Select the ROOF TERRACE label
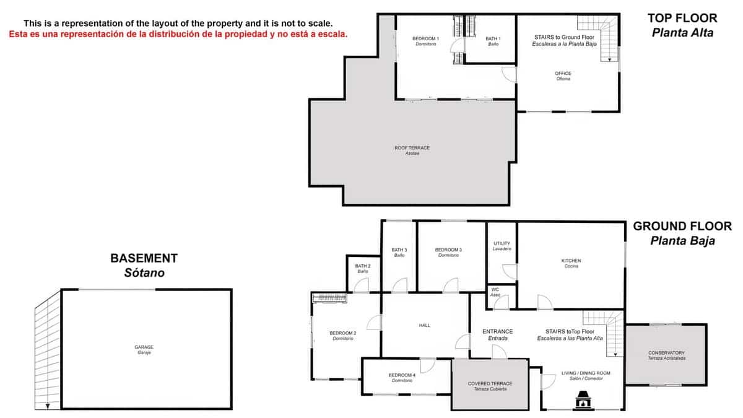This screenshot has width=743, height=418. coord(412,148)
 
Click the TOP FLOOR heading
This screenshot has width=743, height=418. coord(682,18)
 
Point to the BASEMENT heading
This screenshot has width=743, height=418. coord(144,258)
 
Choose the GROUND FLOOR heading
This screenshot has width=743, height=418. coord(682,227)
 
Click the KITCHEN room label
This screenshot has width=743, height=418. coord(571,261)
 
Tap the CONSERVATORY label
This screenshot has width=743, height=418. coord(666,354)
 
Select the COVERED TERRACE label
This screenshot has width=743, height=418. coord(490,384)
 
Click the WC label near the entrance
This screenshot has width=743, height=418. coord(495,289)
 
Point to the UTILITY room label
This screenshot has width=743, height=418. coord(502,243)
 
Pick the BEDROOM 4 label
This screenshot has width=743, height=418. coord(402,375)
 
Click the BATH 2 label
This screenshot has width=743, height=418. coord(362,266)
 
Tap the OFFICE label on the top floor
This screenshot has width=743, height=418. coord(563,74)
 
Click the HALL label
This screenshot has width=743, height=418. coord(424,325)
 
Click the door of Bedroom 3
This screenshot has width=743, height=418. coord(450,285)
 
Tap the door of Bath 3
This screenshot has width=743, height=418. coord(399,285)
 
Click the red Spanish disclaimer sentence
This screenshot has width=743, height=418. coord(178,34)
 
